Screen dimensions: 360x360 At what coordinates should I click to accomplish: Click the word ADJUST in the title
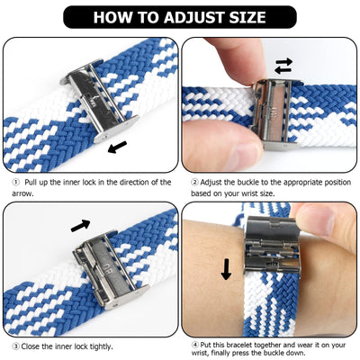(x=190, y=17)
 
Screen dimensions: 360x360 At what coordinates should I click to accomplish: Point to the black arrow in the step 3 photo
(x=80, y=224)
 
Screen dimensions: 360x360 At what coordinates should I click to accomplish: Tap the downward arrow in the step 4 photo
(x=226, y=268)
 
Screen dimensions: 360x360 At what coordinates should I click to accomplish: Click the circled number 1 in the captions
(x=14, y=182)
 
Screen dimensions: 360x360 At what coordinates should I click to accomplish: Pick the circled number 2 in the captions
(x=194, y=182)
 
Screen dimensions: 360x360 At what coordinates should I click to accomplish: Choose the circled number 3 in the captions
(x=14, y=345)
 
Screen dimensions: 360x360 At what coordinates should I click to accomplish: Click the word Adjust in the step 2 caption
(x=212, y=182)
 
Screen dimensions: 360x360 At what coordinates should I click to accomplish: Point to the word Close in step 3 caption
(x=33, y=345)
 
